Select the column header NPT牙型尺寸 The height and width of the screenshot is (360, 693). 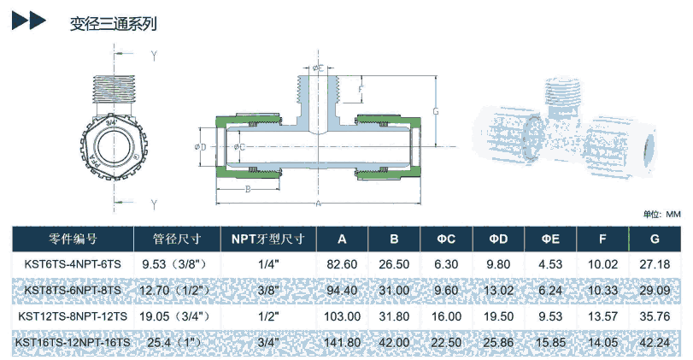pyautogui.click(x=267, y=239)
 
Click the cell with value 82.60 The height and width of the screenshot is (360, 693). pyautogui.click(x=342, y=264)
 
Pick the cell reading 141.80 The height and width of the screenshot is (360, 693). pyautogui.click(x=342, y=343)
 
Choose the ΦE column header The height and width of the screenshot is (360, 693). pyautogui.click(x=550, y=239)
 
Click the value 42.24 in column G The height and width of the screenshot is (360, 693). pyautogui.click(x=655, y=343)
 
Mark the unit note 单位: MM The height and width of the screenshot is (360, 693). pyautogui.click(x=661, y=214)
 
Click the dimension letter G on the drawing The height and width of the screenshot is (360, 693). pyautogui.click(x=436, y=111)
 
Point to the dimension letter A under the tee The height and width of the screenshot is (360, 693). pyautogui.click(x=319, y=204)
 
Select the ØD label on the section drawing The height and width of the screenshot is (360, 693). pyautogui.click(x=203, y=146)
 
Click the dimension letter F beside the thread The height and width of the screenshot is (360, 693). pyautogui.click(x=362, y=89)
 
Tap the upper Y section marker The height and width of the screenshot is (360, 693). pyautogui.click(x=154, y=56)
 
